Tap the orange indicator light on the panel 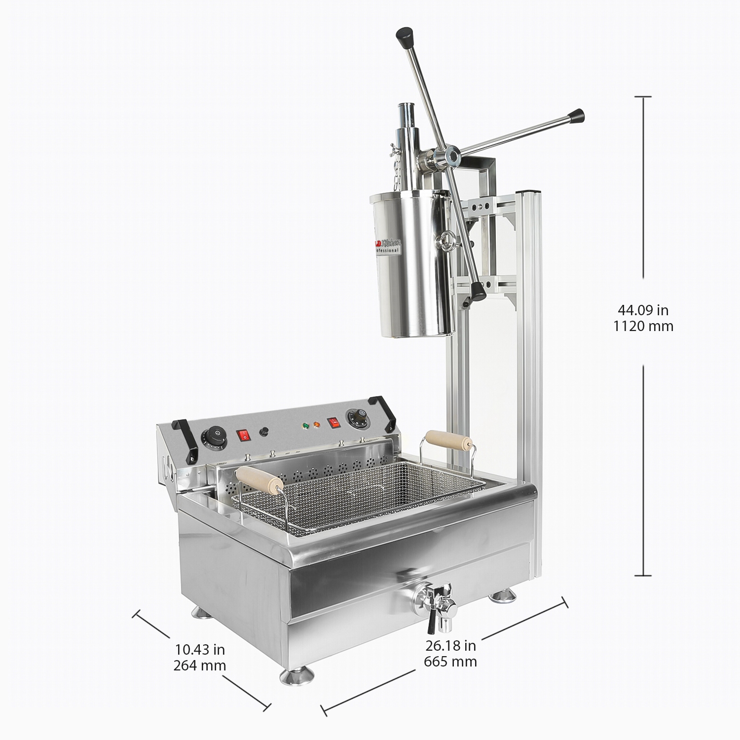pos(317,423)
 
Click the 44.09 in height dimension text pos(643,310)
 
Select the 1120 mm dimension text pos(643,326)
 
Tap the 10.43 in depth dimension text pos(200,649)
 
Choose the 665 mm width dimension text pos(450,662)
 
